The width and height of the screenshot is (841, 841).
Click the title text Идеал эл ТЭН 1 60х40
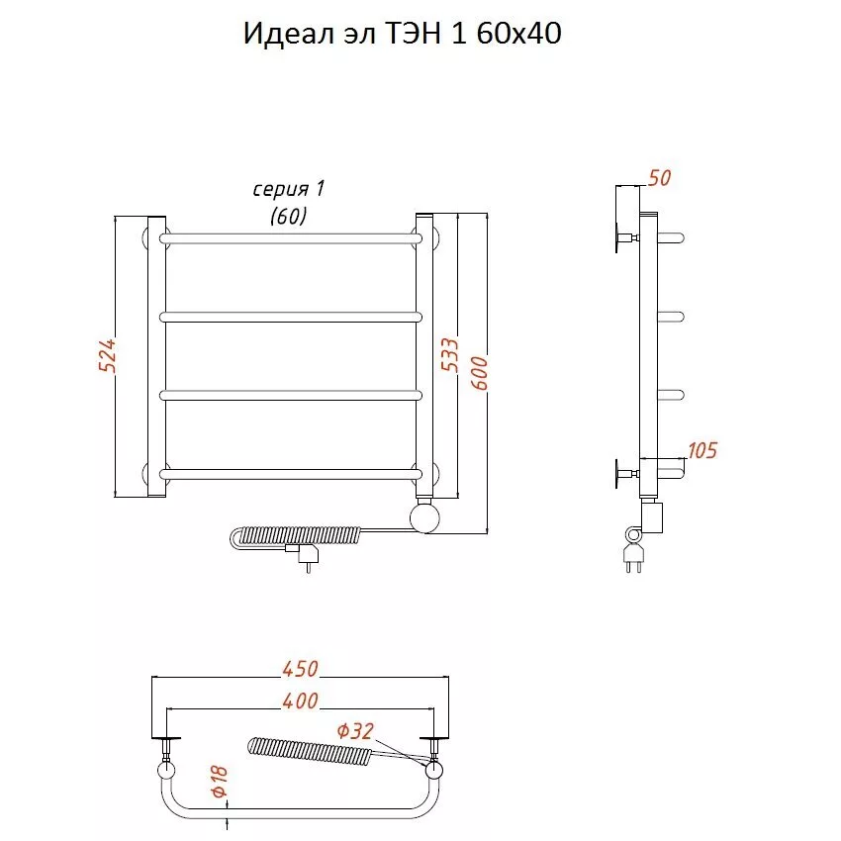point(403,34)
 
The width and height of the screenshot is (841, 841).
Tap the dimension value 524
point(107,355)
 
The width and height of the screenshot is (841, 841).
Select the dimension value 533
point(449,354)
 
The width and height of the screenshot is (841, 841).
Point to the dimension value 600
point(479,373)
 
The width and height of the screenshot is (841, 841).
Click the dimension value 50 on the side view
point(659,178)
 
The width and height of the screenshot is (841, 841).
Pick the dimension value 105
point(702,450)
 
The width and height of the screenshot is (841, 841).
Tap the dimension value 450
point(301,669)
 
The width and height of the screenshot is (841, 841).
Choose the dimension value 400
point(301,701)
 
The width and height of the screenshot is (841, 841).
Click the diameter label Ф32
point(355,731)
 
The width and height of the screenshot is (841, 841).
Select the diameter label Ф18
point(220,782)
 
